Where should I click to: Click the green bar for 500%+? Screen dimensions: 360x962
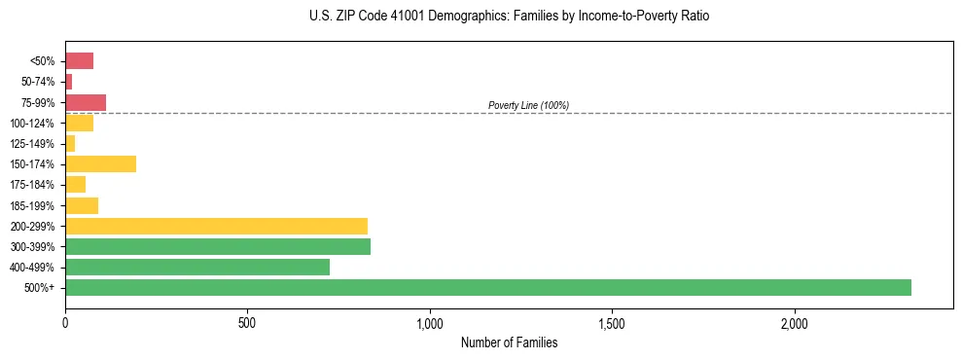click(487, 287)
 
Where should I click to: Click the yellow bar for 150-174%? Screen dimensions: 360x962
click(100, 163)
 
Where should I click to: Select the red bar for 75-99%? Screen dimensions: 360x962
click(86, 102)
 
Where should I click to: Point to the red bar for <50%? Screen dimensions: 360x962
click(79, 61)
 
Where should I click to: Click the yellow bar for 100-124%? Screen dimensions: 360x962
click(79, 123)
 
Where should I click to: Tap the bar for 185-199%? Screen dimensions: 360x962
click(82, 205)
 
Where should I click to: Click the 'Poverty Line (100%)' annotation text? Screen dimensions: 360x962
click(528, 105)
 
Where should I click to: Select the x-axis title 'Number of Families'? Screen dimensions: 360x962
click(509, 342)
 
